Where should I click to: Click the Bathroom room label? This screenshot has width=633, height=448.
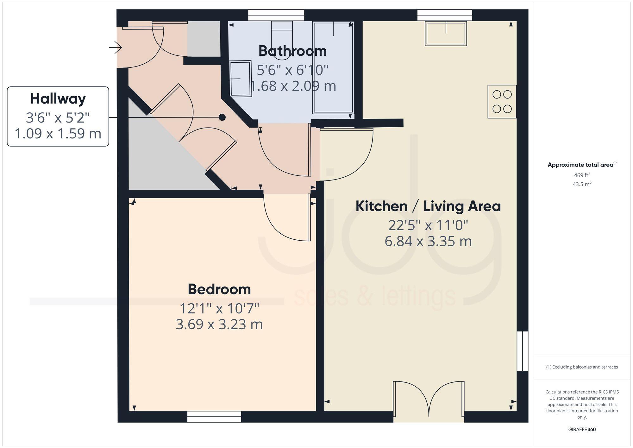[292, 51]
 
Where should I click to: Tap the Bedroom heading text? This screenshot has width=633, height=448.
[219, 289]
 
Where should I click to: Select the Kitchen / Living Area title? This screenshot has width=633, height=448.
[428, 206]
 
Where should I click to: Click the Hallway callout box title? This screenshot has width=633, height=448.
[58, 99]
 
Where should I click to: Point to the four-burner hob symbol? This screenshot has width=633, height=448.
[502, 102]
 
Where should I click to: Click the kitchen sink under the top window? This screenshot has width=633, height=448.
[446, 34]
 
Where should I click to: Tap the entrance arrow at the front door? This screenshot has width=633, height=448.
[116, 48]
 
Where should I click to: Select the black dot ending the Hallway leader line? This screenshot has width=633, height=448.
[222, 117]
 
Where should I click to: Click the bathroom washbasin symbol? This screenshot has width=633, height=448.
[241, 79]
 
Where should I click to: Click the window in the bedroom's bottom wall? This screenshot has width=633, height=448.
[214, 416]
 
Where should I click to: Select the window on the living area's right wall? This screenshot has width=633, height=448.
[522, 351]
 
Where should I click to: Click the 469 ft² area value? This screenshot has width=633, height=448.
[582, 175]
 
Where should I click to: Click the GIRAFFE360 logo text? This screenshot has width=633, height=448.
[582, 430]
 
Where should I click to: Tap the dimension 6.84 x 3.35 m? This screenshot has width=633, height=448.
[428, 242]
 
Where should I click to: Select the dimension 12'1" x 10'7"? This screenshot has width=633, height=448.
[219, 308]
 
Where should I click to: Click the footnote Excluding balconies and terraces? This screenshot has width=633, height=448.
[582, 367]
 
